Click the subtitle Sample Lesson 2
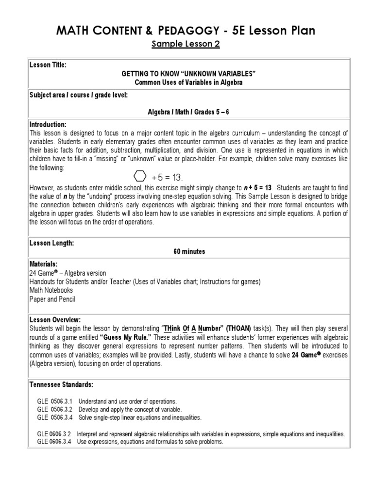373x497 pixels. pos(186,45)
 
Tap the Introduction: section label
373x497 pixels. pos(48,124)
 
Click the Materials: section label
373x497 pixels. pos(43,264)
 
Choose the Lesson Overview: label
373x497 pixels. pos(55,319)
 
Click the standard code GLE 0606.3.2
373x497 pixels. pos(54,434)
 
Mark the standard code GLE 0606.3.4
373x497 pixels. pos(54,442)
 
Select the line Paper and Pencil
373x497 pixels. pos(52,299)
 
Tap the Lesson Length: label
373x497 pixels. pos(51,243)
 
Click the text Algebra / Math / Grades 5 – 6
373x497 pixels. pos(188,112)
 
